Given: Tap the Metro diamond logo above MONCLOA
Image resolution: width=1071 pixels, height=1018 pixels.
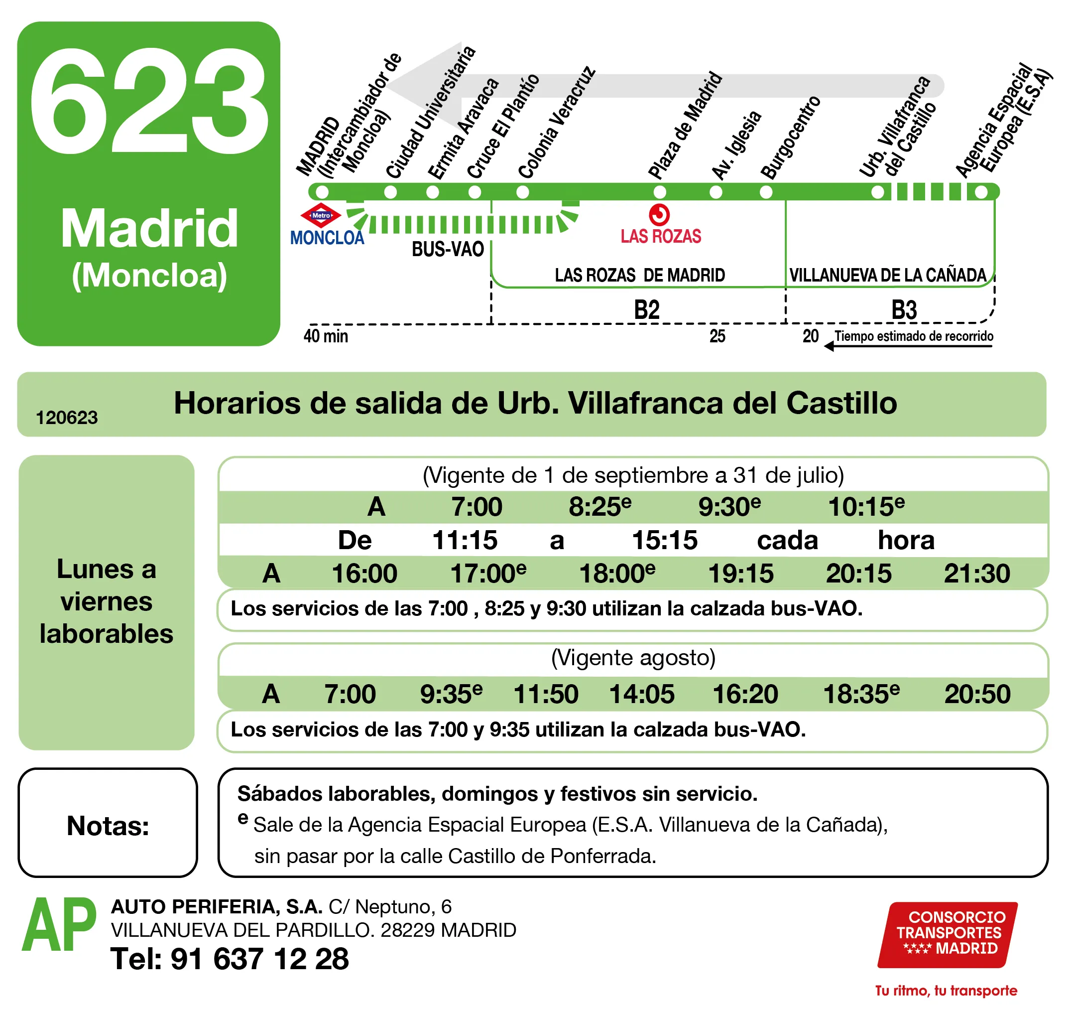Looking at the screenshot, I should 321,215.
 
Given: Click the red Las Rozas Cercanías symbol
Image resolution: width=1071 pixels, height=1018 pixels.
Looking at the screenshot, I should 659,215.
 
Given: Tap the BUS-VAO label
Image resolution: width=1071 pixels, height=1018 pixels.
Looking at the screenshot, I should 448,249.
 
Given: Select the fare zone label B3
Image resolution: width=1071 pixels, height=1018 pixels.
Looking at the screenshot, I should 904,310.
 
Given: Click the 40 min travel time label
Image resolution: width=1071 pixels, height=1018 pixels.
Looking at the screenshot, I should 325,336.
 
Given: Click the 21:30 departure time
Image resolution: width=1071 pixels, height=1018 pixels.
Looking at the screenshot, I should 976,573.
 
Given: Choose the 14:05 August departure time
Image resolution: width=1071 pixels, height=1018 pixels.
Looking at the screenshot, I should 641,694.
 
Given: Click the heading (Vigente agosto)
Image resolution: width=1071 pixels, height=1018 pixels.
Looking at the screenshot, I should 633,658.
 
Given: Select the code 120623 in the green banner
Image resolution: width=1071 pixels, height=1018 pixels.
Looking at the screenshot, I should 67,417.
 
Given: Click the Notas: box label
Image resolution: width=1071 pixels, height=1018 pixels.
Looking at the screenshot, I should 108,825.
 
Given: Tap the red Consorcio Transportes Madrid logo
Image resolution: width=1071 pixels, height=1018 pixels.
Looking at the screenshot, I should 948,934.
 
